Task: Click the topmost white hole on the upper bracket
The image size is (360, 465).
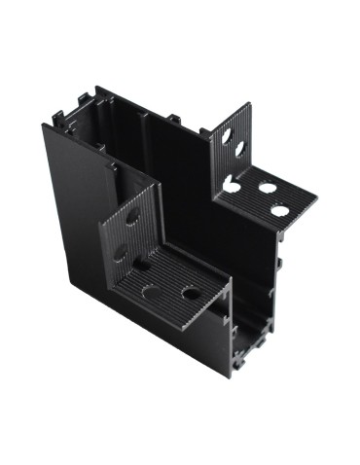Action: [x=227, y=137]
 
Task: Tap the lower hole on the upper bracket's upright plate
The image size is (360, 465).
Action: [x=239, y=151]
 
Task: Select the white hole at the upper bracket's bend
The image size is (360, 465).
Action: [x=232, y=184]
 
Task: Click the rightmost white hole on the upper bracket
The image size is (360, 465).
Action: [x=280, y=210]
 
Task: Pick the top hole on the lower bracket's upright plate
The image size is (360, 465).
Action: [x=132, y=216]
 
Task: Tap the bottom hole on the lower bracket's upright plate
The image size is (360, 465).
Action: [x=123, y=251]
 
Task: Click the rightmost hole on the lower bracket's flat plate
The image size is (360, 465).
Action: [x=191, y=292]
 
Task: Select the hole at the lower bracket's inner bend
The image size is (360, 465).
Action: [x=142, y=263]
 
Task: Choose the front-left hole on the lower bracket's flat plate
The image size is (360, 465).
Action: [x=151, y=290]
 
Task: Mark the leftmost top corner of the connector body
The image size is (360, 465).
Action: [x=43, y=125]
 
